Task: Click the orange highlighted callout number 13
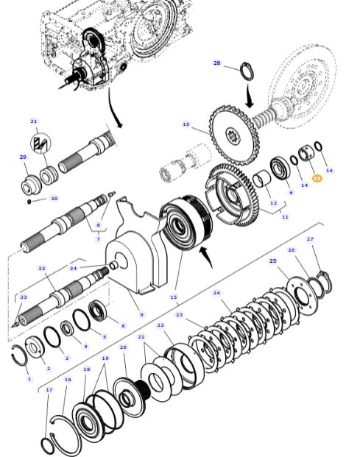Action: [x=317, y=179]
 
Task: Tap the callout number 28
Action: [x=217, y=63]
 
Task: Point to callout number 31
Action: [x=34, y=121]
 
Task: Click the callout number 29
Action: [x=23, y=157]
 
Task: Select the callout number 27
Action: [x=310, y=239]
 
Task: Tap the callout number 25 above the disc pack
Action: [x=273, y=261]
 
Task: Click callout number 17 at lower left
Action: [x=49, y=390]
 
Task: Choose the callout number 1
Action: [x=29, y=379]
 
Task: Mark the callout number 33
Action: [x=23, y=297]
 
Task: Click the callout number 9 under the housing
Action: [x=141, y=315]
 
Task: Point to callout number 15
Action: [x=174, y=297]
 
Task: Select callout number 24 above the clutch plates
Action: [x=216, y=293]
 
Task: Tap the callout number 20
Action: [x=123, y=347]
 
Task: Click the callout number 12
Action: [x=273, y=203]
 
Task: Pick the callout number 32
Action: [x=41, y=269]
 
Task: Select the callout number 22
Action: [x=160, y=325]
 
